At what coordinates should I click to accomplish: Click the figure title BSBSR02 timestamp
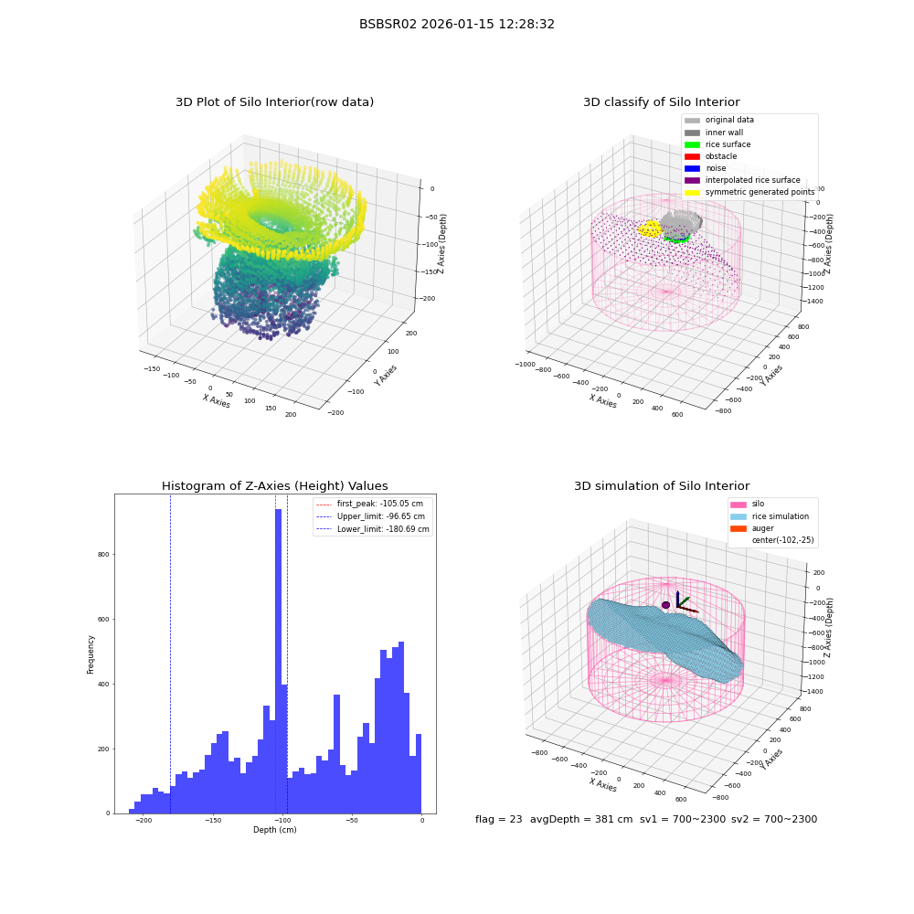(x=456, y=24)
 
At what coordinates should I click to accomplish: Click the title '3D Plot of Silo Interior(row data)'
(x=274, y=102)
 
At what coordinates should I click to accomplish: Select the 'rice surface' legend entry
(x=717, y=144)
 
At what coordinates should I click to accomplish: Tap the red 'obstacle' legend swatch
(x=692, y=156)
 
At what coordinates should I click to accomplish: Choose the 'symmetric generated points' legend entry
(x=749, y=192)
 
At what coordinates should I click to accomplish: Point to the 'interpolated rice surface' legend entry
(x=742, y=180)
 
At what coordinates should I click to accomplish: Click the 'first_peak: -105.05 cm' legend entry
(x=369, y=504)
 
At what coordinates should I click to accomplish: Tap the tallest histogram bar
(x=279, y=661)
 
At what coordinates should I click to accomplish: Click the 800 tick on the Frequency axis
(x=103, y=555)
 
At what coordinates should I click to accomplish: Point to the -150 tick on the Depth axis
(x=213, y=820)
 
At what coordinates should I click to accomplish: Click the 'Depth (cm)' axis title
(x=275, y=830)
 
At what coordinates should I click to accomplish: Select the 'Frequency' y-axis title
(x=90, y=654)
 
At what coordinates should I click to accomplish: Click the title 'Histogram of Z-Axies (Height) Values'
(x=274, y=486)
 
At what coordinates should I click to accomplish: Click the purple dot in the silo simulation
(x=665, y=605)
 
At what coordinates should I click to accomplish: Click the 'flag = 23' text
(x=498, y=819)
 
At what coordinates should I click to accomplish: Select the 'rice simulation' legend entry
(x=770, y=516)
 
